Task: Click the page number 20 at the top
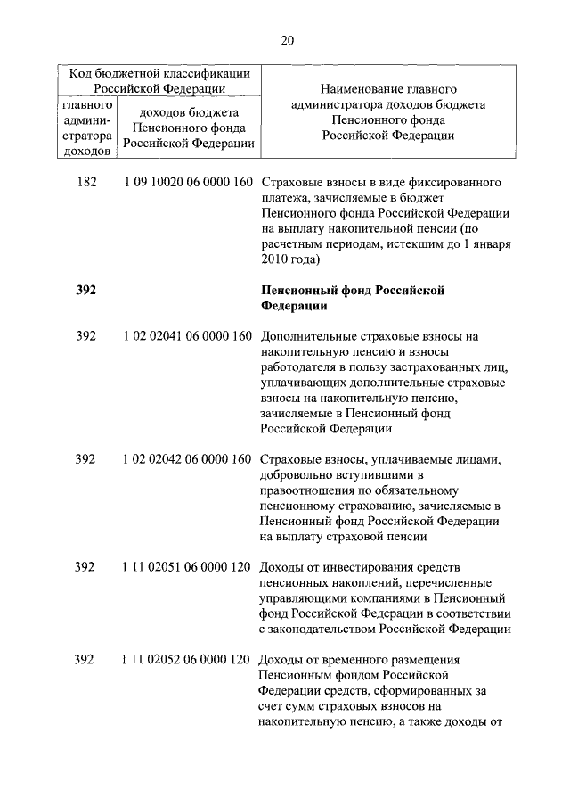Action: point(285,39)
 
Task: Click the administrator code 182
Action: point(85,183)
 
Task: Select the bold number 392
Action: point(85,290)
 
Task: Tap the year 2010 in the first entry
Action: point(274,259)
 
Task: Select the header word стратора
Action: point(86,137)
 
